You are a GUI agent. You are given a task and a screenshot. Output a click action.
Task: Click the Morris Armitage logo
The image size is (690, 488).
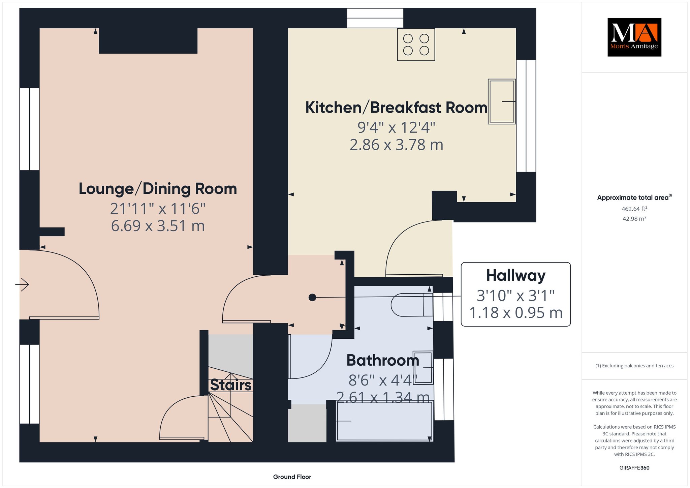coord(634,37)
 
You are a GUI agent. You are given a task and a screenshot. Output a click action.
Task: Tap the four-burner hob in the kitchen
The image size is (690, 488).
coord(416,44)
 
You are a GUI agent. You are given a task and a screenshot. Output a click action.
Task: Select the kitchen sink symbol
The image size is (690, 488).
coord(502,101)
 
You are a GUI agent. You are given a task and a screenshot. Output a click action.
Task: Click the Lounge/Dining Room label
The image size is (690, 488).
coord(158,189)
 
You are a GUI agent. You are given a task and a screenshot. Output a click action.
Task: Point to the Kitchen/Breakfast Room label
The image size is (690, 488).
coord(396,108)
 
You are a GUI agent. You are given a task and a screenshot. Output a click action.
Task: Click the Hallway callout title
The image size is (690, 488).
coord(516,276)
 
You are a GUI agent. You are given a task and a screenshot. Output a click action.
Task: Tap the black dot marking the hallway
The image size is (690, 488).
coord(312,298)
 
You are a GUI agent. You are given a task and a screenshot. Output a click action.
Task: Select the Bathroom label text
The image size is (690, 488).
coord(383,360)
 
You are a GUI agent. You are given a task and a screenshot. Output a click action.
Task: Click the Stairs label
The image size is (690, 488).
coord(231,385)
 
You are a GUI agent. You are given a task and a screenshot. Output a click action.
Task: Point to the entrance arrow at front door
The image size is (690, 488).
coord(22,284)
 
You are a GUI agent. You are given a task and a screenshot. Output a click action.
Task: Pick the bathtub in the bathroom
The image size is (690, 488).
coord(384,421)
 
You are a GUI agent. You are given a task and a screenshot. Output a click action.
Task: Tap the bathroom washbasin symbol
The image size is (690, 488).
coord(423,367)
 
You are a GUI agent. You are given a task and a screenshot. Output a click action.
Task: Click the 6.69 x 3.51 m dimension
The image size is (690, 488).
coord(158,226)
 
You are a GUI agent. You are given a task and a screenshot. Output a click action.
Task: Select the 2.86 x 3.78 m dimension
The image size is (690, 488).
coord(396,145)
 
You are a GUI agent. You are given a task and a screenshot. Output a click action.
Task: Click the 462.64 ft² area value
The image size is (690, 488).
coord(634,209)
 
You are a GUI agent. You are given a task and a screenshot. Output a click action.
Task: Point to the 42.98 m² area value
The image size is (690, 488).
coord(634,219)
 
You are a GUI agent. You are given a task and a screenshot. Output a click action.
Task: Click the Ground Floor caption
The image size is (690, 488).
coord(292,477)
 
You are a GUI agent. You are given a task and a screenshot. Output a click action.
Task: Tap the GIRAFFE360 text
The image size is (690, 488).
coord(634,468)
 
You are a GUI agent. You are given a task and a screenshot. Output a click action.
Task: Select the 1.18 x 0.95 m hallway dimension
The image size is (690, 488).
coord(516,313)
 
